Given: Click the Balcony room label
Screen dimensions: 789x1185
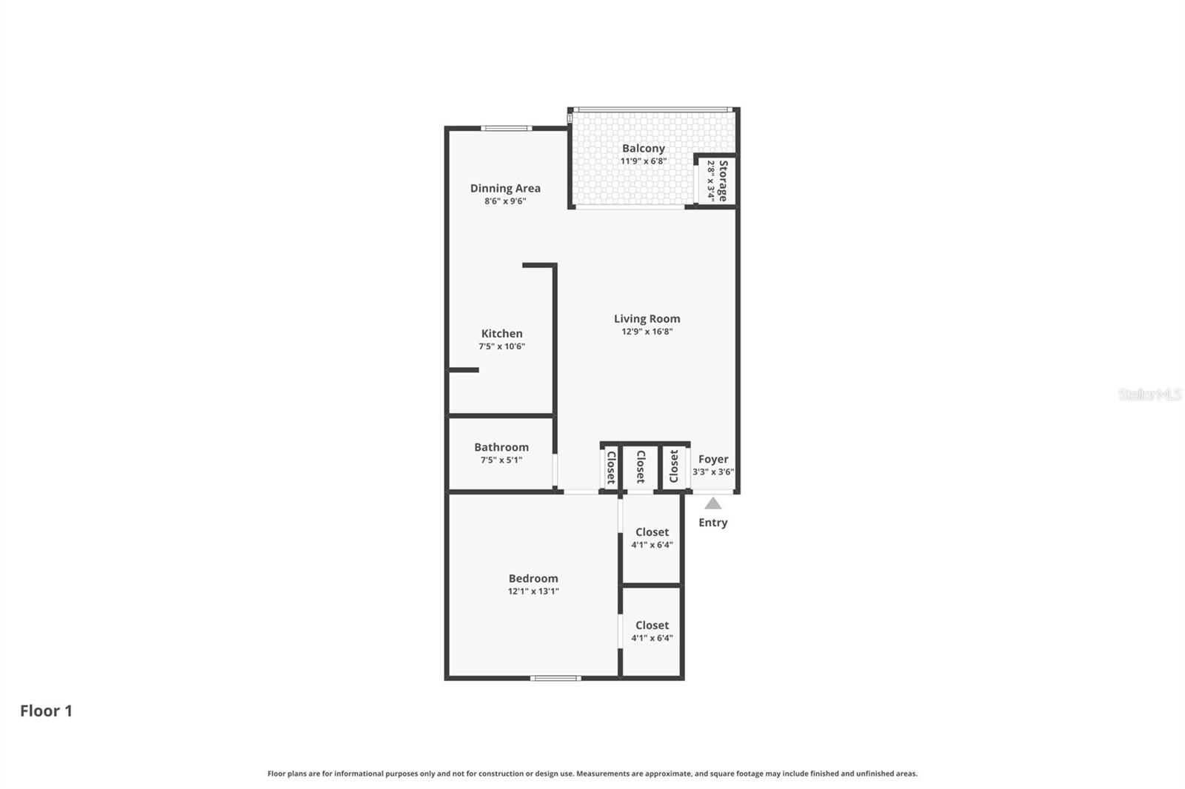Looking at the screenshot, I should pos(643,148).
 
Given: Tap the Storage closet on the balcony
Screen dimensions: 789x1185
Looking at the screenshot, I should pos(716,181).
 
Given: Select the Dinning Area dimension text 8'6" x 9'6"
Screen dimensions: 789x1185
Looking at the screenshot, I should pos(505,201).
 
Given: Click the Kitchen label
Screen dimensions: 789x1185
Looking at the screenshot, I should pos(501,333).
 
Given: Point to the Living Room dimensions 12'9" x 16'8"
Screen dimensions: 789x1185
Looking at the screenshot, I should pos(647,332).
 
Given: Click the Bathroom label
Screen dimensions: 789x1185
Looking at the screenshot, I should pos(501,447).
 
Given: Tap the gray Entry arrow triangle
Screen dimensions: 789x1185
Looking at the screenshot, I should pos(712,504).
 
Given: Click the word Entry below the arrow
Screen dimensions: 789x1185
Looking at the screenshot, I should pos(712,523).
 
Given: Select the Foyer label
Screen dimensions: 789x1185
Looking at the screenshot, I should pos(713,459).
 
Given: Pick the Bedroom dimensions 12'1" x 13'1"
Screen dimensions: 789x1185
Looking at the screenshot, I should pos(533,591).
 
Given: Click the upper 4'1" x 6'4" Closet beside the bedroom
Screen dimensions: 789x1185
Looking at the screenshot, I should pos(652,538).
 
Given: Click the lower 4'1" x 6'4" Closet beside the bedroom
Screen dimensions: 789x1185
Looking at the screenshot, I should pos(652,631).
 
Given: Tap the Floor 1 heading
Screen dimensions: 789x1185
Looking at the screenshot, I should pos(46,711).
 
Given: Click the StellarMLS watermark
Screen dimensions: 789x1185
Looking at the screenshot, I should pos(1149,394).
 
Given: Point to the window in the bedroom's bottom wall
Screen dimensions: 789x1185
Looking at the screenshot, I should pos(555,677).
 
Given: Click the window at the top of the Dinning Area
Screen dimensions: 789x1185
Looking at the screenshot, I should pos(506,128).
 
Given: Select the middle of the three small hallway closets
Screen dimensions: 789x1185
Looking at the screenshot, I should pos(641,467).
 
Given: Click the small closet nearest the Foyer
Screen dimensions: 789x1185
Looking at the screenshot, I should pos(674,467).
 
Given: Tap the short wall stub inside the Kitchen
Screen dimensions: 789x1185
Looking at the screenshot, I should pos(464,369).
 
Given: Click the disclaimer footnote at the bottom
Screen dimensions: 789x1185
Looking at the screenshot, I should pos(592,773).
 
